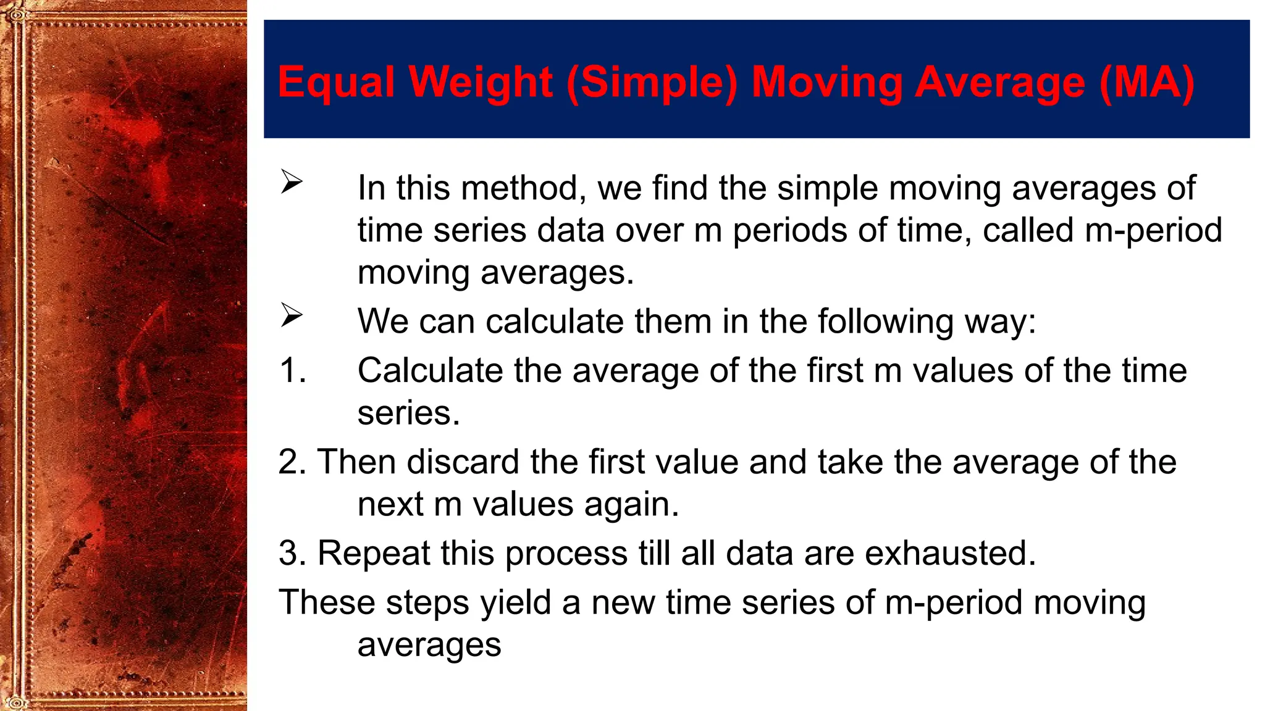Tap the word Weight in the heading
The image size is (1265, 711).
point(481,82)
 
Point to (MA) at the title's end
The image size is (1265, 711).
point(1146,82)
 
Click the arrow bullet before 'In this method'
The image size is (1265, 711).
point(291,181)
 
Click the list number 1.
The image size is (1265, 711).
point(292,371)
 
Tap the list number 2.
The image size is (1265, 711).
point(292,462)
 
